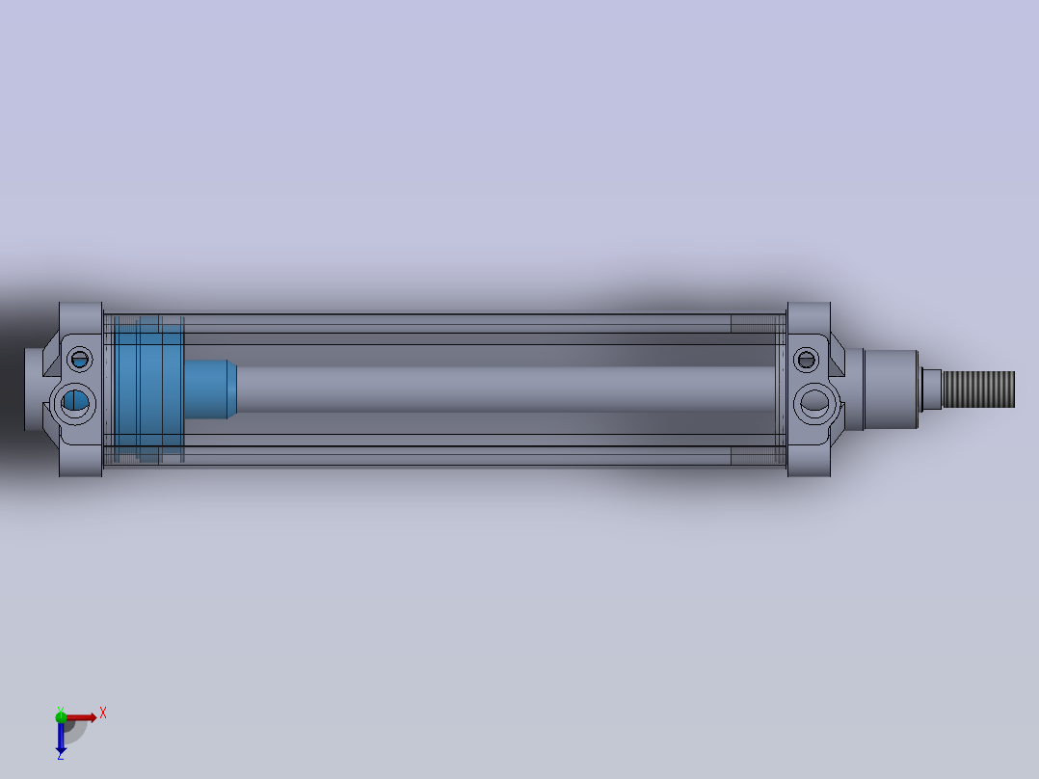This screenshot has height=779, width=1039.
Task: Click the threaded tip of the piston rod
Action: [x=979, y=389]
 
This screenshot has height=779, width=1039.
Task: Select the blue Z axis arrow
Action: [x=61, y=737]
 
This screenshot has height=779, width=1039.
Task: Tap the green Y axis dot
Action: [x=61, y=715]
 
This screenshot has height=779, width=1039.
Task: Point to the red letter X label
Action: [x=102, y=712]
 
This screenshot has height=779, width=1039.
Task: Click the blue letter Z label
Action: [x=60, y=757]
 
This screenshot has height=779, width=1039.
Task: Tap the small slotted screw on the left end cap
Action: [x=80, y=360]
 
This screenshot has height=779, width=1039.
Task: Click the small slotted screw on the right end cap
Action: [x=806, y=360]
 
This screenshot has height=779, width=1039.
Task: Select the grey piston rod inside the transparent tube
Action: [x=501, y=389]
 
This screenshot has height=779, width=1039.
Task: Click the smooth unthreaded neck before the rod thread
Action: [x=931, y=389]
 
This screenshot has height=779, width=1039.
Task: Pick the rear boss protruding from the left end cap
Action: [x=35, y=389]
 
